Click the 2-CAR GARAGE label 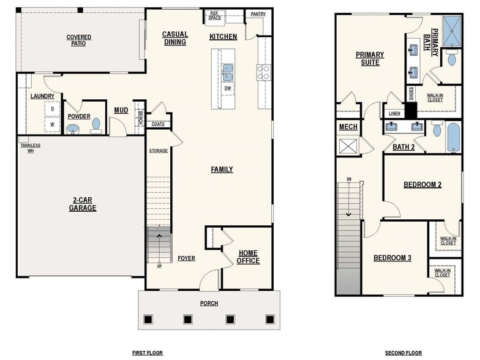tap(82, 204)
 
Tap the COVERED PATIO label tap(79, 40)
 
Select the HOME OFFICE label tap(248, 257)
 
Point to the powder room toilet tap(96, 125)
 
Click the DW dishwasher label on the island tap(227, 88)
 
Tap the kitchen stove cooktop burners tap(264, 72)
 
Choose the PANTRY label tap(258, 13)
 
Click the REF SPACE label tap(215, 15)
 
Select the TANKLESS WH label tap(30, 148)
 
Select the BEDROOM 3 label tap(392, 258)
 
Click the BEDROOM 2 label tap(422, 184)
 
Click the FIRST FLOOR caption tap(148, 353)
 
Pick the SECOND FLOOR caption tap(403, 353)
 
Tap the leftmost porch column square tap(148, 319)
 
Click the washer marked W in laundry tap(52, 124)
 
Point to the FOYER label tap(186, 258)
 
